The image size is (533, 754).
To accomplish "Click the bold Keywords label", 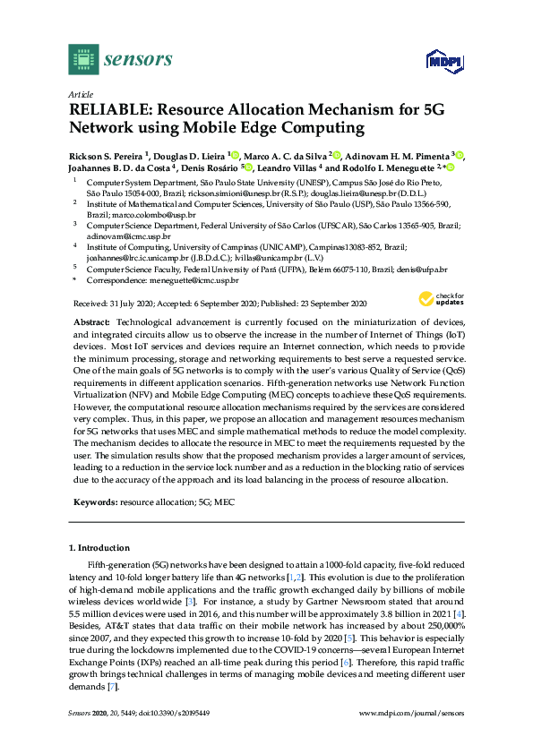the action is click(x=92, y=503).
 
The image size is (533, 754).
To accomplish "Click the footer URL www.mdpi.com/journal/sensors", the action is click(x=411, y=713).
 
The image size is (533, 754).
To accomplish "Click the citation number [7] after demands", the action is click(x=112, y=686).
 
